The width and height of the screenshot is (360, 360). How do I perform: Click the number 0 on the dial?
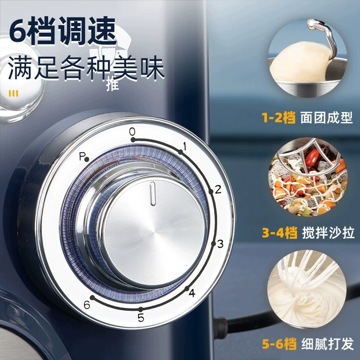132,132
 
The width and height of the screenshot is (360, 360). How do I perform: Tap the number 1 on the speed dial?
184,146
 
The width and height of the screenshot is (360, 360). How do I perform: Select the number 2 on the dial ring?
218,189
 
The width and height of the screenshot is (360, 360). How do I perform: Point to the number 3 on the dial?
220,244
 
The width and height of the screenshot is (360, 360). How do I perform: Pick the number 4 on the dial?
192,293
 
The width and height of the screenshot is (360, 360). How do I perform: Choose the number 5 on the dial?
141,318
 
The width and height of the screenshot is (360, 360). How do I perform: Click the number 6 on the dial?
87,305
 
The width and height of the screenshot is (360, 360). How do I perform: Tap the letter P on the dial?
82,156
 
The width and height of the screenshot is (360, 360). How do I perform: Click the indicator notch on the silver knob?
153,193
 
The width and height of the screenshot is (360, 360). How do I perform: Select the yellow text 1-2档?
279,117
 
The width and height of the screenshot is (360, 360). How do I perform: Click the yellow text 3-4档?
279,233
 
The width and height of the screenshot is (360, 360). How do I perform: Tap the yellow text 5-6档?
279,343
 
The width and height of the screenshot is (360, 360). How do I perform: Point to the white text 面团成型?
326,117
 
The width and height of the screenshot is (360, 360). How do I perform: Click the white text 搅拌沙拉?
328,233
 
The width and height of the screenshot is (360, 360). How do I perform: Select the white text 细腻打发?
328,343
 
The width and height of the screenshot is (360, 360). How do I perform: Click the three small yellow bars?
13,94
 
